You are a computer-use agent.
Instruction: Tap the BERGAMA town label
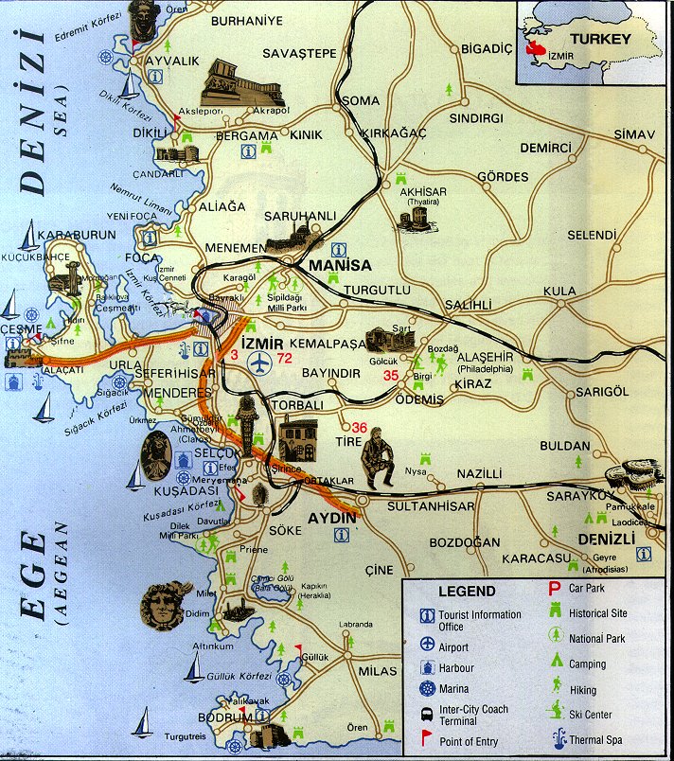tap(250, 135)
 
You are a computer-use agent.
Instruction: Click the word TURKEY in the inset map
tap(607, 39)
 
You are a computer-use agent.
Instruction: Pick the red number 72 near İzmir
tap(285, 358)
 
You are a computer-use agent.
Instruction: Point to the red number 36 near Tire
tap(360, 427)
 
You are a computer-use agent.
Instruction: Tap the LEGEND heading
tap(466, 592)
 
